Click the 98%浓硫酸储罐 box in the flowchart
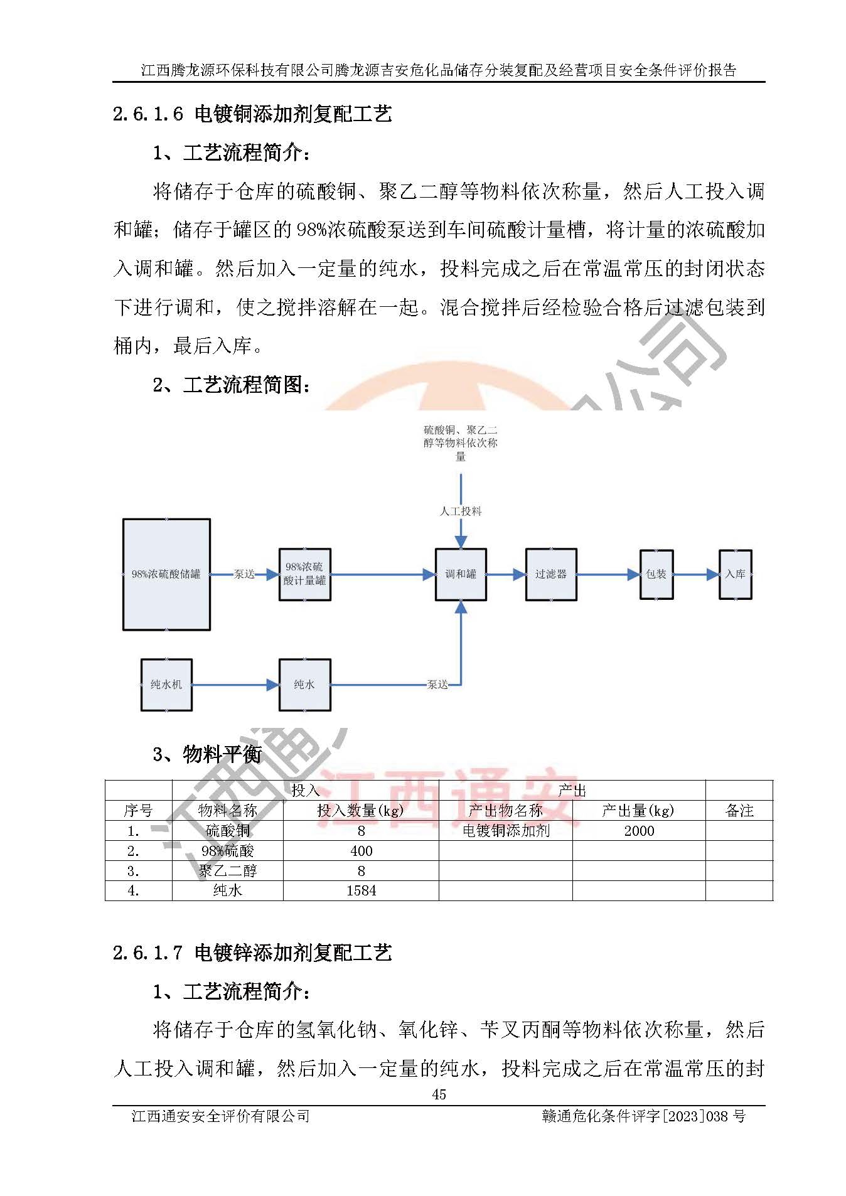[166, 574]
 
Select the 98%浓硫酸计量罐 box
[304, 574]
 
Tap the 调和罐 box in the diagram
[461, 574]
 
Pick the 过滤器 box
[551, 574]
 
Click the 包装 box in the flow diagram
[656, 574]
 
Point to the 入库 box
[735, 574]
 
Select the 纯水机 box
[166, 685]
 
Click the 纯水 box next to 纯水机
[304, 685]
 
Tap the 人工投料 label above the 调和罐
[461, 511]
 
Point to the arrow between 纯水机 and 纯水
[235, 685]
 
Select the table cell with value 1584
[361, 890]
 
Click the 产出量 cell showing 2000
[639, 831]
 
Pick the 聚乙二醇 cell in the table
[228, 871]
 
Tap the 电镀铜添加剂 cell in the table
[506, 831]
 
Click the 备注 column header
[739, 811]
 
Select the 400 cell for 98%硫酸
[361, 851]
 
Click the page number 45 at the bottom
[439, 1094]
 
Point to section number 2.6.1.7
[147, 953]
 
